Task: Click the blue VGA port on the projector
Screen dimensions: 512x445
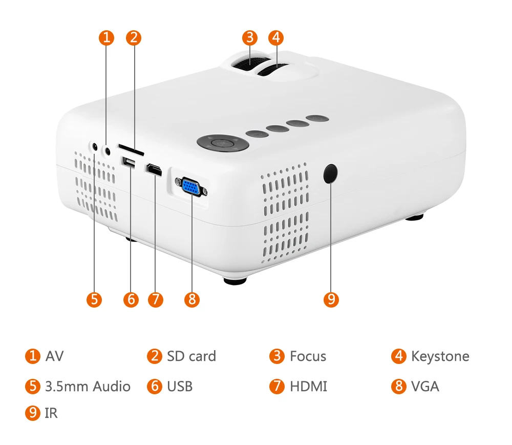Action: click(x=191, y=186)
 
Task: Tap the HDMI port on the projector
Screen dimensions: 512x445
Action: click(x=153, y=170)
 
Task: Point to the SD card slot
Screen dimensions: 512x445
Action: click(x=131, y=150)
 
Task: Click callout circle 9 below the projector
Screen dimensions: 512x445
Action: click(x=331, y=299)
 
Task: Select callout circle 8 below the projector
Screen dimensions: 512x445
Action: click(x=191, y=299)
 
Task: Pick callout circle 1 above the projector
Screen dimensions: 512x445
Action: click(x=106, y=37)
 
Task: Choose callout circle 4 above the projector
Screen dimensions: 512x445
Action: click(x=276, y=37)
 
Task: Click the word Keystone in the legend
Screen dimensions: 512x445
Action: click(x=440, y=356)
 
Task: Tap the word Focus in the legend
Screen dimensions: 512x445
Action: click(x=308, y=356)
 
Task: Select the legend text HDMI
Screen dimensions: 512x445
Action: click(x=308, y=386)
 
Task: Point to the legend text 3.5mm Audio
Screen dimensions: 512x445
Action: click(x=88, y=386)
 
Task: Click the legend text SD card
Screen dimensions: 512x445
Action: click(x=191, y=356)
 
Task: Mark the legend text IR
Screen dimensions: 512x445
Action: click(x=51, y=413)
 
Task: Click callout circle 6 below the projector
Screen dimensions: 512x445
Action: click(x=131, y=299)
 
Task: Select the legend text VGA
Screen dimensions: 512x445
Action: click(x=425, y=386)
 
